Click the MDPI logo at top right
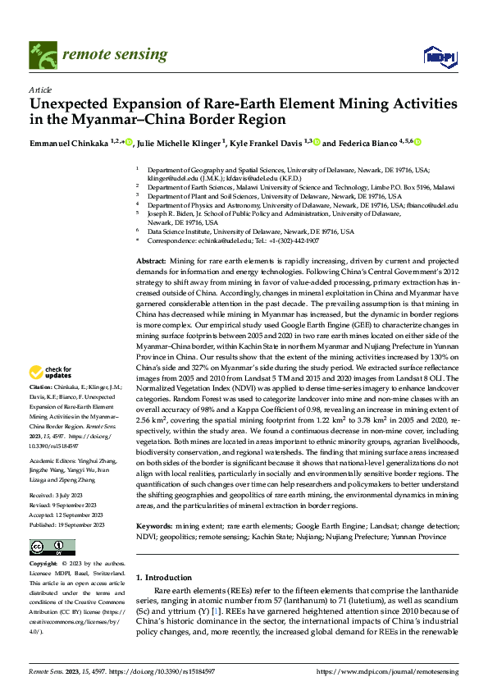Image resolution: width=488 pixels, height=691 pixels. (x=439, y=56)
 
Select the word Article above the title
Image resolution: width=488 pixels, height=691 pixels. (x=40, y=89)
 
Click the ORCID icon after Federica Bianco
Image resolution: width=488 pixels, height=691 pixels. (x=417, y=143)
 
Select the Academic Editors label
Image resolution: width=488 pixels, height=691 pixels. (x=54, y=439)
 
